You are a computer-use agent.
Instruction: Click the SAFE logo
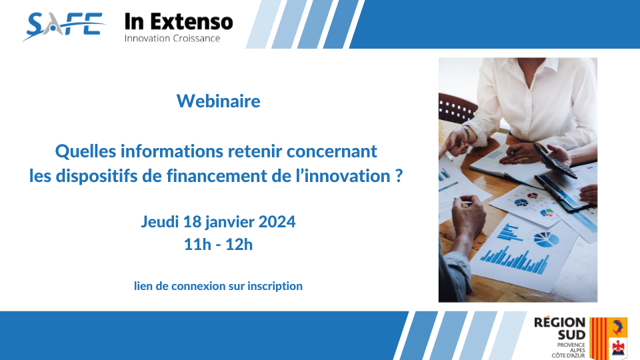click(64, 26)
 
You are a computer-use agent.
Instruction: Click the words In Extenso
click(179, 21)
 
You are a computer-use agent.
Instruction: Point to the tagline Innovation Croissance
click(172, 39)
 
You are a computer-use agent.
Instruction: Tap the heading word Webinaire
click(219, 101)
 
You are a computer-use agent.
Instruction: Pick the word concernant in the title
click(331, 151)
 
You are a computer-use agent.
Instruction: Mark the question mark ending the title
click(399, 175)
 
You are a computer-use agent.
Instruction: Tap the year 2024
click(277, 221)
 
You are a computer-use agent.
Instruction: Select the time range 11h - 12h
click(219, 245)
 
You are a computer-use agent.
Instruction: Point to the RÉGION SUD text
click(560, 329)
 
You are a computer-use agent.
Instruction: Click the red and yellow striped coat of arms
click(599, 339)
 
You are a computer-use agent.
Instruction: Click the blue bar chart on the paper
click(515, 259)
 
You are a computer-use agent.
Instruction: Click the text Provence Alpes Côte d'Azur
click(569, 350)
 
